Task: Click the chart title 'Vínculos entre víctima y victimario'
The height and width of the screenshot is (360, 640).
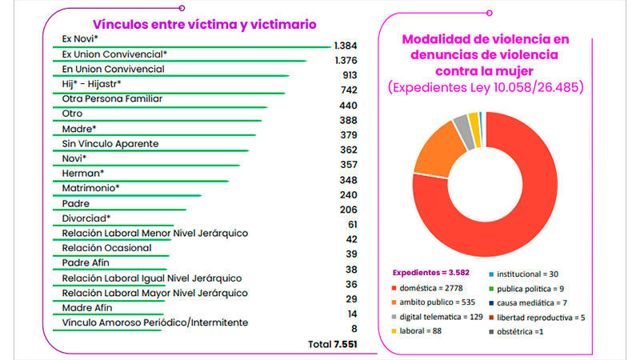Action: [x=194, y=24]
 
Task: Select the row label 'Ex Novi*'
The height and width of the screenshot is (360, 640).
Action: [x=80, y=38]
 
